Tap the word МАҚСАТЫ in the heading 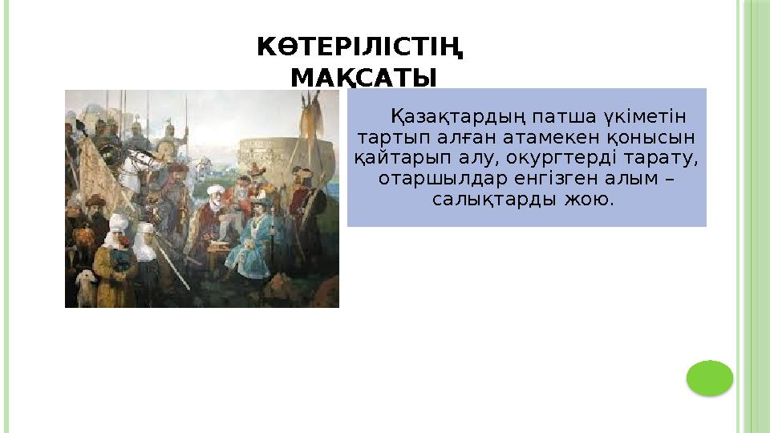point(363,78)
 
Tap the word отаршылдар point(426,177)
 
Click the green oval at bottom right point(710,378)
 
